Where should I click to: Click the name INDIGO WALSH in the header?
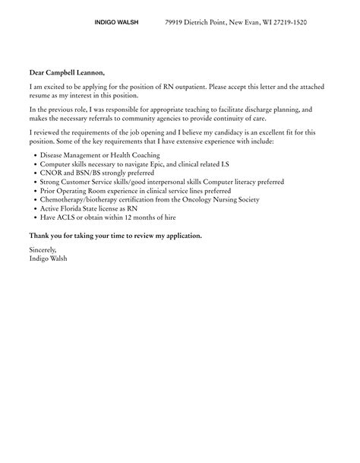coord(117,23)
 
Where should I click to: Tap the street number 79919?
coord(178,23)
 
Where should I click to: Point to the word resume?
coord(40,95)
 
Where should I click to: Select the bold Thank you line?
coord(115,236)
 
